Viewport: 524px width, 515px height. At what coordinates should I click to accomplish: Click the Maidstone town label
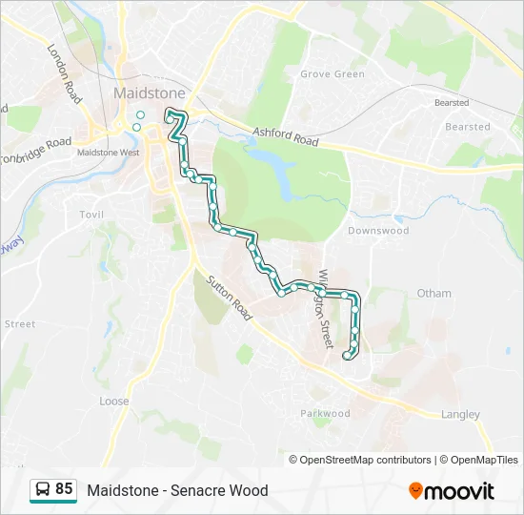coord(149,93)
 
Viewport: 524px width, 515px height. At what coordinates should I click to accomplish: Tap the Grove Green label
coord(333,74)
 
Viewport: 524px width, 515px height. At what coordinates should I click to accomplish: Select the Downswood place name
coord(378,231)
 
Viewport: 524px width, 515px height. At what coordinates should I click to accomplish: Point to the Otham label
coord(433,294)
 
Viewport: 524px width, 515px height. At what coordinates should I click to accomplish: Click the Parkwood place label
coord(326,414)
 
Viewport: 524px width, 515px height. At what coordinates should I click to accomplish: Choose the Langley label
coord(460,414)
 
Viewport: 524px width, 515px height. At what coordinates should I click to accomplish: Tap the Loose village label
coord(114,402)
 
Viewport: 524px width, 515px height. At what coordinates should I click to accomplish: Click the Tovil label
coord(91,215)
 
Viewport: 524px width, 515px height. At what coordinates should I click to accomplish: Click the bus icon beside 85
coord(42,490)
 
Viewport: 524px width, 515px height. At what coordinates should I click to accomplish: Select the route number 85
coord(64,489)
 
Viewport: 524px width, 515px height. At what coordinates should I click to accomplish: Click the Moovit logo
coord(452,490)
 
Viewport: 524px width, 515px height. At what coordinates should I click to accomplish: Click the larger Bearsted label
coord(467,127)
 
